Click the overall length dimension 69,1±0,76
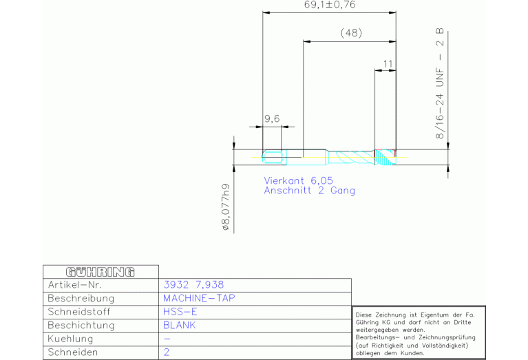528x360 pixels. click(x=330, y=5)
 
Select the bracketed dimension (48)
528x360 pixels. click(x=351, y=33)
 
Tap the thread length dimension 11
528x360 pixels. click(x=388, y=63)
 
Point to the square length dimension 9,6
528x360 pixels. click(x=272, y=118)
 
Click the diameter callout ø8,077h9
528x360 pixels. click(x=226, y=207)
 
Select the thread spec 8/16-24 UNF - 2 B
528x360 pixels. click(x=440, y=84)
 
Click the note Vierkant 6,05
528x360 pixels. click(x=298, y=180)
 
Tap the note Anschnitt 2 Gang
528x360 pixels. click(x=310, y=191)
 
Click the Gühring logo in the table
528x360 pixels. click(x=101, y=272)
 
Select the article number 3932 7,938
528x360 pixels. click(x=193, y=285)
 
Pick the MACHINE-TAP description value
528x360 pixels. click(x=199, y=298)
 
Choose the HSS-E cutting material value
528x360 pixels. click(x=180, y=312)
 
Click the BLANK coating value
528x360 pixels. click(x=180, y=326)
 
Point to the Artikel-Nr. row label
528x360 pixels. click(x=75, y=285)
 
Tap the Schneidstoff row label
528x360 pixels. click(x=79, y=312)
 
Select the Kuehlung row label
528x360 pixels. click(x=70, y=339)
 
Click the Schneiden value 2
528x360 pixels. click(x=167, y=352)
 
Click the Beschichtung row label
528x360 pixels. click(x=81, y=326)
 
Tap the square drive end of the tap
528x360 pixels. click(x=272, y=157)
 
